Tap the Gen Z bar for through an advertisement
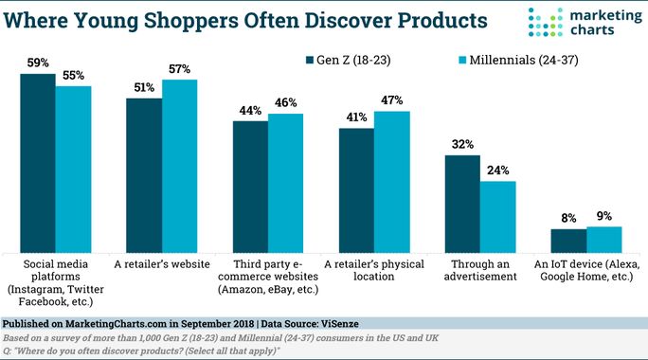coord(462,199)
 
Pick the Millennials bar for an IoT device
coord(603,236)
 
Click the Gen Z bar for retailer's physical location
coord(356,186)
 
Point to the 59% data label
coord(37,63)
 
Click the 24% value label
coord(498,171)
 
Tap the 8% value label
coord(569,219)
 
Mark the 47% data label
coord(391,99)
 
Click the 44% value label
coord(250,110)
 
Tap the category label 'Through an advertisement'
coord(480,269)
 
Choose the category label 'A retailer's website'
coord(162,262)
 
